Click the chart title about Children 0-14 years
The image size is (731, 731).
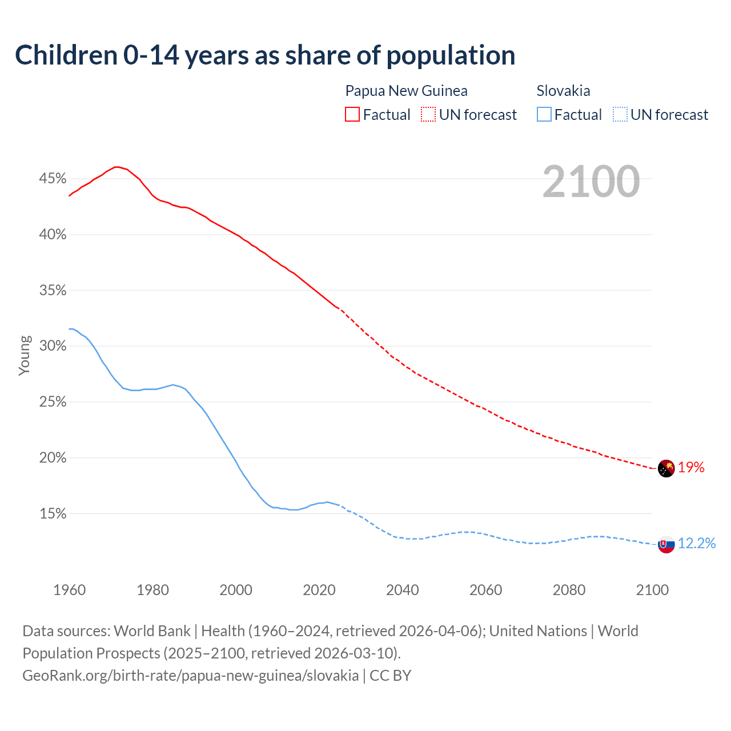point(265,55)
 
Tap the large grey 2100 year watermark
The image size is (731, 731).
point(591,182)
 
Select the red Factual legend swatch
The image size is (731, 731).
point(352,115)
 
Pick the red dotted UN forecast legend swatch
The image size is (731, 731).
point(428,115)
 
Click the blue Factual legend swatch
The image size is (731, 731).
point(544,115)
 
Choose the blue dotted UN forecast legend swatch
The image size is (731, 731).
point(620,115)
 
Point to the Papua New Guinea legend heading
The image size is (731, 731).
point(406,91)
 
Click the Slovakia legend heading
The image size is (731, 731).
point(563,91)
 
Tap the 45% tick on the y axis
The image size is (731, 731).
point(53,179)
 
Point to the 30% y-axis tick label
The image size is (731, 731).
point(53,346)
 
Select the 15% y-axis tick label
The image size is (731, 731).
point(53,513)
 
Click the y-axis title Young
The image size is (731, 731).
point(24,355)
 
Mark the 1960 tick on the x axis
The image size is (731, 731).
point(69,590)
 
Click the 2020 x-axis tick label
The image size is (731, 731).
point(319,590)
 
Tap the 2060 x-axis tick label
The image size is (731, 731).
point(485,590)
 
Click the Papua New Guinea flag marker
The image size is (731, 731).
point(666,468)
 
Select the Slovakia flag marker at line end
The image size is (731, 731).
point(666,544)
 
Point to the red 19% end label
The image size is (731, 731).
point(691,468)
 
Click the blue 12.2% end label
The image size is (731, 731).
point(696,543)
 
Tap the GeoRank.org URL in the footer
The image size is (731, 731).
point(190,676)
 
